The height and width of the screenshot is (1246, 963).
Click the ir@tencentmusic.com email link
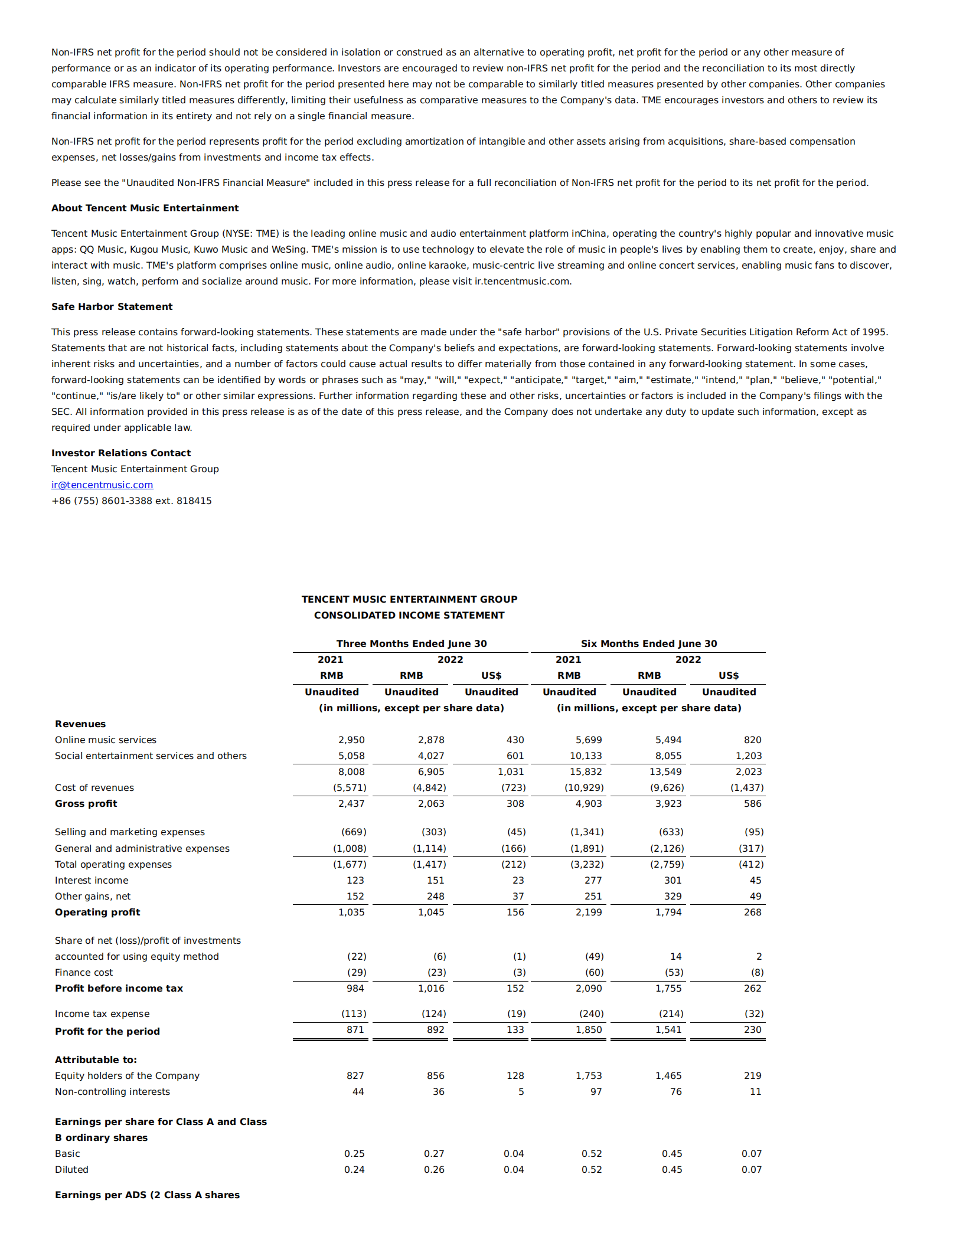(x=102, y=485)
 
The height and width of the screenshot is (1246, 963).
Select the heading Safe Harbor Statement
(x=112, y=306)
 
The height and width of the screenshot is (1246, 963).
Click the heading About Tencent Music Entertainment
(x=145, y=208)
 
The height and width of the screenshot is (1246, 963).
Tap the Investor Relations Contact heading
(x=121, y=453)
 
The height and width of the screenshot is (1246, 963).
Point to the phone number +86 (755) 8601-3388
(x=131, y=501)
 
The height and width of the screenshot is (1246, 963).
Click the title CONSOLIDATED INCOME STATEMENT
(x=409, y=615)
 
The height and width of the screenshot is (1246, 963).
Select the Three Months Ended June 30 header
(x=412, y=643)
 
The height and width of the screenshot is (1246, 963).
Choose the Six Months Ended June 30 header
(x=649, y=643)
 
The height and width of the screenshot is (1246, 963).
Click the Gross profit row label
(x=86, y=803)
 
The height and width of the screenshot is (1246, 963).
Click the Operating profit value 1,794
(x=668, y=912)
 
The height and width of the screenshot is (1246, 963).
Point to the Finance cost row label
(x=84, y=972)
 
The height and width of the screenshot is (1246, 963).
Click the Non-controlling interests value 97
(x=596, y=1091)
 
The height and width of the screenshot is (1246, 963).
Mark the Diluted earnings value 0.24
(x=354, y=1169)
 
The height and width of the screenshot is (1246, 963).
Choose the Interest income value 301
(x=673, y=880)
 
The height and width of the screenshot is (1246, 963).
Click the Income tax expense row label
(x=102, y=1013)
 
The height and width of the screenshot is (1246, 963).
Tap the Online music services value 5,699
(x=589, y=740)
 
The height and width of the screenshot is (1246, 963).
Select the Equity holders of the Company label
(x=127, y=1075)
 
